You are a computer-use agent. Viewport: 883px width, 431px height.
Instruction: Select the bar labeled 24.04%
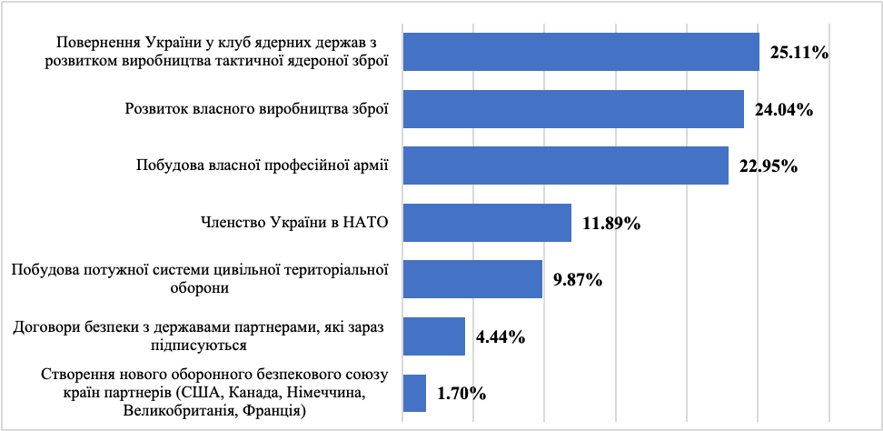tap(572, 108)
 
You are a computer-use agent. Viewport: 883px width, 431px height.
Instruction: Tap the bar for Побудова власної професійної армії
tap(564, 165)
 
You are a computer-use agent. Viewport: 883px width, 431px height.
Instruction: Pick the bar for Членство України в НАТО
tap(486, 222)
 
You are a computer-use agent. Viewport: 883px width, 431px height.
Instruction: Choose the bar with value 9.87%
tap(471, 279)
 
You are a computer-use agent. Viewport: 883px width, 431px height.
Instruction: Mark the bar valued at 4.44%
tap(433, 336)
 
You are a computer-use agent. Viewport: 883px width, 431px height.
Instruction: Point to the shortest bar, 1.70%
tap(414, 393)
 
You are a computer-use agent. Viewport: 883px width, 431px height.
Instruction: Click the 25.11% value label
tap(799, 54)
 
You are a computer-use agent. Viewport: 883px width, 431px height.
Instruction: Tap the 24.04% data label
tap(783, 111)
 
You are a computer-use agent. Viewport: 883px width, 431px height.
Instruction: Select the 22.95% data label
tap(768, 167)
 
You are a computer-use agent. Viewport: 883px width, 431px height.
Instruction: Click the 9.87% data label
tap(578, 281)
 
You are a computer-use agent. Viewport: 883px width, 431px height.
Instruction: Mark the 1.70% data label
tap(461, 395)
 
